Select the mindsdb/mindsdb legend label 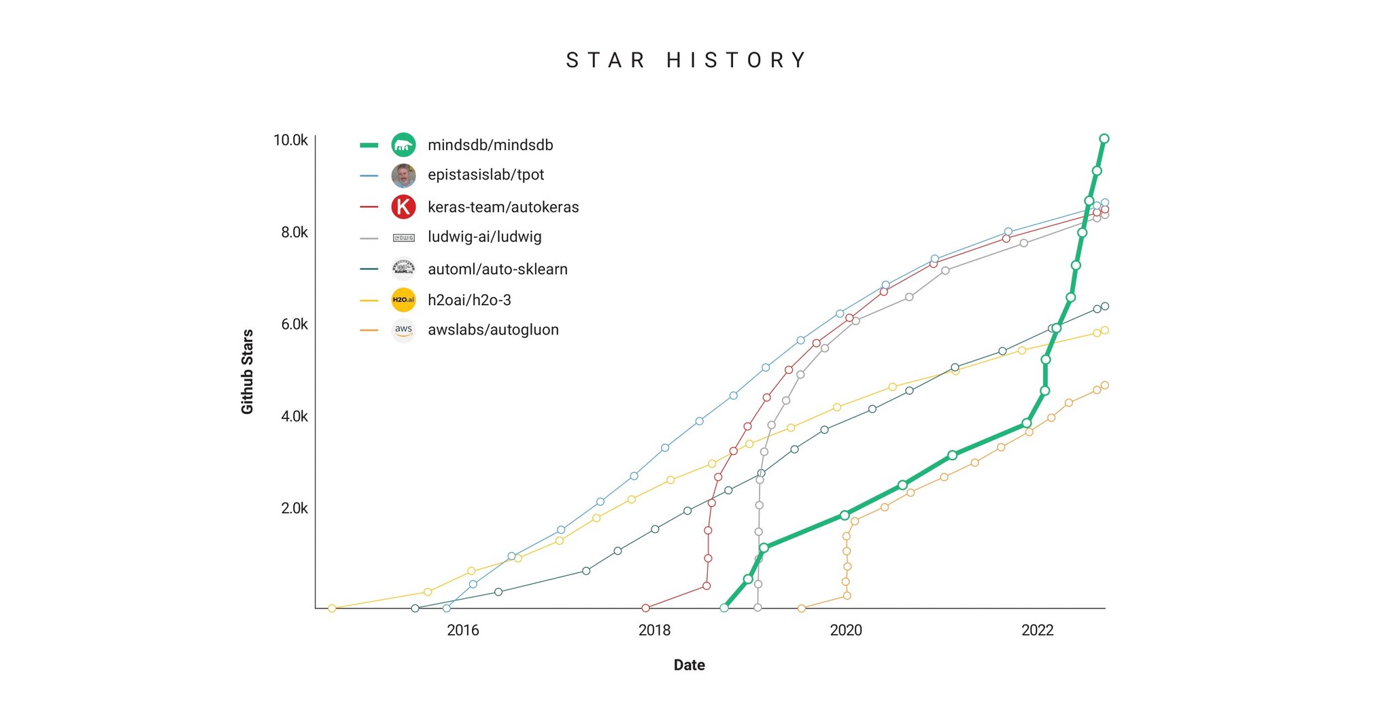pos(490,145)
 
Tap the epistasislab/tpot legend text pos(486,175)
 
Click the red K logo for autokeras pos(403,207)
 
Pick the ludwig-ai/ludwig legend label pos(484,237)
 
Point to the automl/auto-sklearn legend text pos(497,269)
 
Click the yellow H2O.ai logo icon pos(403,300)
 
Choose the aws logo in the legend pos(403,330)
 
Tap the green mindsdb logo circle pos(403,145)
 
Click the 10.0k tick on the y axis pos(290,140)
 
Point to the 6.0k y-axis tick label pos(294,324)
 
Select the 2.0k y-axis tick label pos(294,509)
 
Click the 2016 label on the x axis pos(462,630)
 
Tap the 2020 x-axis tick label pos(845,630)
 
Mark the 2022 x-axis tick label pos(1037,630)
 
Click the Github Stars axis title pos(247,371)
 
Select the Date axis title pos(689,665)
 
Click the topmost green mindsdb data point pos(1104,139)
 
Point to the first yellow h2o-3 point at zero pos(332,608)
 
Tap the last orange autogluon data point pos(1104,385)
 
